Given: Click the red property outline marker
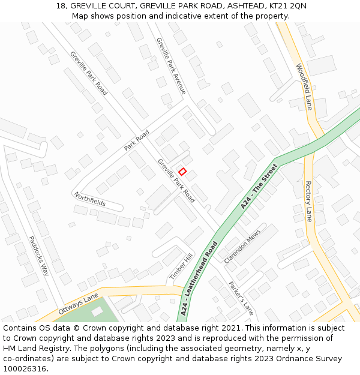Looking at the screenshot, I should pos(182,172).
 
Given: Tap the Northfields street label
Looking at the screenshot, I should pos(89,199).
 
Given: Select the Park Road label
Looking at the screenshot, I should pos(136,140).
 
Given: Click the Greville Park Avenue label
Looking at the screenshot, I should pos(171,65).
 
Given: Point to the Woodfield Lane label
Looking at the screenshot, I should pos(304,86).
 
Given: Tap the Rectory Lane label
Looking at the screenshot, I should pos(308,201).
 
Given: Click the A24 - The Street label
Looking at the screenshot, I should pos(259,186).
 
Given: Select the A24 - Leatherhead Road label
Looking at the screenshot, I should pos(198,279).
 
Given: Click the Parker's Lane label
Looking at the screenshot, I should pos(241,298).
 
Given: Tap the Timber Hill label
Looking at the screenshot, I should pos(181,265).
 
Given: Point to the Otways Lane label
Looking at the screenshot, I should pos(78,304).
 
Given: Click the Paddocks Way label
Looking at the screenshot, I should pos(38,255).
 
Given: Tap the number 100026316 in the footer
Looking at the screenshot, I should pos(25,369).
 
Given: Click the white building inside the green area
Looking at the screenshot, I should pos(97,311).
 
